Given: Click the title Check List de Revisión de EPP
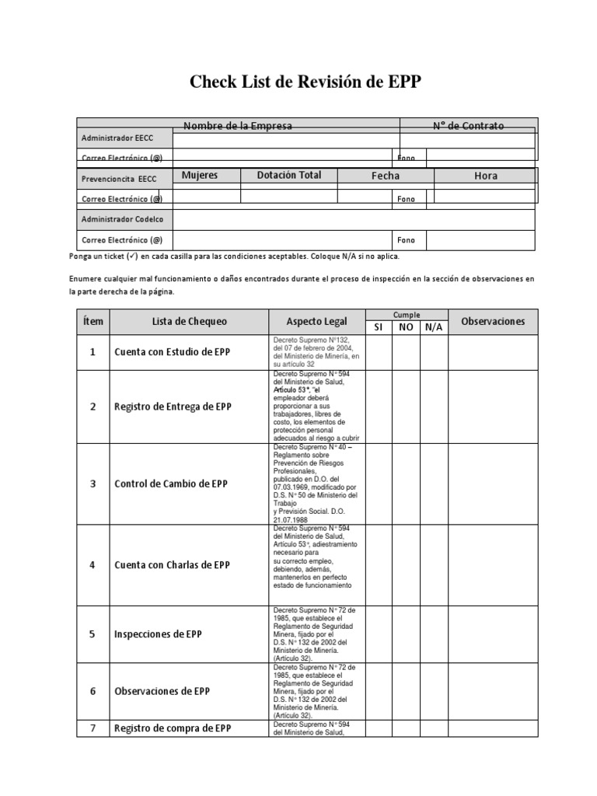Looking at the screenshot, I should [x=305, y=83].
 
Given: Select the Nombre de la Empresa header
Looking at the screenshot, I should [x=238, y=126].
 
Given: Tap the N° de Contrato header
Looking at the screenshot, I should [x=468, y=126].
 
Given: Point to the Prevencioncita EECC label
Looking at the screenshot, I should [x=119, y=179].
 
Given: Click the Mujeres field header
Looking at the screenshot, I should [x=200, y=176].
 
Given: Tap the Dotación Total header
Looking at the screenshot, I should [x=288, y=176].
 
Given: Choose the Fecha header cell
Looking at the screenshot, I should [x=386, y=176].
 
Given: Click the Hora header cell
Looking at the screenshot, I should [x=485, y=176].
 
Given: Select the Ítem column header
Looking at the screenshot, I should [x=93, y=322].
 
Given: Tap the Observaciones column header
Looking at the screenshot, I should [x=493, y=321].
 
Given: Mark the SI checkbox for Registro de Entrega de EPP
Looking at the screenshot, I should [x=379, y=407].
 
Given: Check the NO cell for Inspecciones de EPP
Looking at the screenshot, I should [x=406, y=634].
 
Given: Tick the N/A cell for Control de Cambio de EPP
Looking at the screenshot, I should [x=434, y=484].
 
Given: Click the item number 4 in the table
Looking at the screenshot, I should [x=93, y=565].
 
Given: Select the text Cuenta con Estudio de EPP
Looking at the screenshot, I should [x=172, y=352].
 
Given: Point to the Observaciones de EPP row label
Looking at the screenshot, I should [x=162, y=691].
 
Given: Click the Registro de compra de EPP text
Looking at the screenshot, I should [x=172, y=728].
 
